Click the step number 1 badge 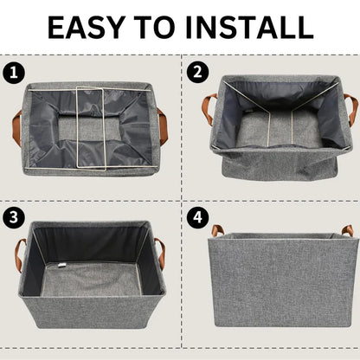12,72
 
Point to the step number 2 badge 197,72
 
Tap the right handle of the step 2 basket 349,109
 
